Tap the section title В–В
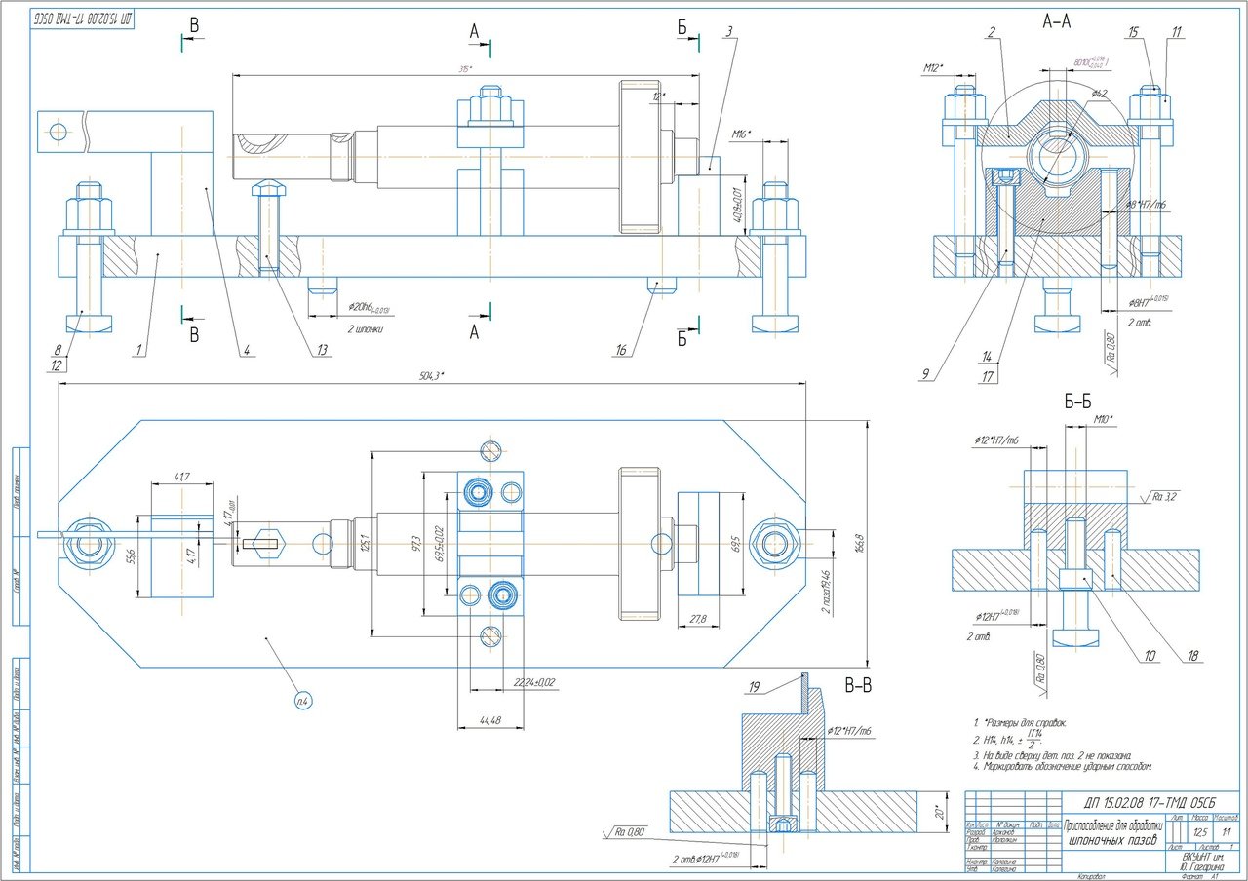coord(858,685)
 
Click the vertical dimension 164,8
coord(859,540)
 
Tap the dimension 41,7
coord(180,477)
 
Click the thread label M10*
coord(1103,420)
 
